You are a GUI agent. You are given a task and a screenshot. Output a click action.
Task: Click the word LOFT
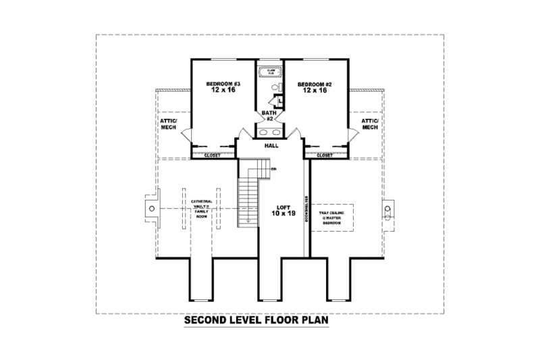(x=283, y=207)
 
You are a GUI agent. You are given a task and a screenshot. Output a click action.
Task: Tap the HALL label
(x=271, y=145)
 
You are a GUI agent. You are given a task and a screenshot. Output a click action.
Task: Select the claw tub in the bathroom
(x=270, y=71)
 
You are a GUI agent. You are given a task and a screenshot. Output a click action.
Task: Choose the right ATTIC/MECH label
(x=370, y=124)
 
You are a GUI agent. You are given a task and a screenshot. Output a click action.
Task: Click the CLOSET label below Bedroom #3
(x=213, y=155)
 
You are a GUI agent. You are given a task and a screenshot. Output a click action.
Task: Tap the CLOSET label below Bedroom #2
(x=325, y=155)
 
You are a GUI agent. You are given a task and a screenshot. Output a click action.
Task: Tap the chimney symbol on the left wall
(x=152, y=209)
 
